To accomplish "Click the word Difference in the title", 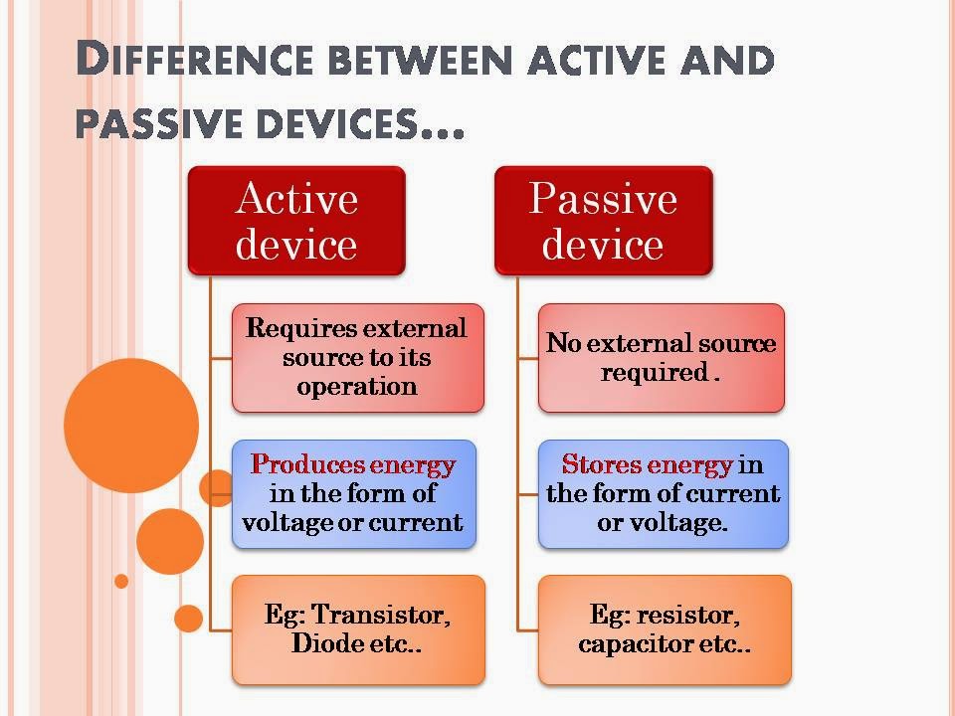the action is pyautogui.click(x=195, y=59).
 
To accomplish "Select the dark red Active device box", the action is pyautogui.click(x=296, y=221).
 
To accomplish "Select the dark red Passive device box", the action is pyautogui.click(x=604, y=221).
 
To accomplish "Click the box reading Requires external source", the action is pyautogui.click(x=358, y=358).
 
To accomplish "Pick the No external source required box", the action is pyautogui.click(x=662, y=358).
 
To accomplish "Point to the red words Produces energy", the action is pyautogui.click(x=352, y=465).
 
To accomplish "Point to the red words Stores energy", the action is pyautogui.click(x=647, y=465).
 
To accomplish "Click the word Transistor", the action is pyautogui.click(x=381, y=615).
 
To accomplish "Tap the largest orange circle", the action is pyautogui.click(x=131, y=426).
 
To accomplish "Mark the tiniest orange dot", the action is pyautogui.click(x=121, y=581).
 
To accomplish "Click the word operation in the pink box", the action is pyautogui.click(x=357, y=387).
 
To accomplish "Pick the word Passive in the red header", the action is pyautogui.click(x=603, y=199).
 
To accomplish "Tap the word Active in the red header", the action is pyautogui.click(x=296, y=199).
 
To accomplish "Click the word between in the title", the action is pyautogui.click(x=420, y=60).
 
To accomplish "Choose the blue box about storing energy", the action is pyautogui.click(x=664, y=494).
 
